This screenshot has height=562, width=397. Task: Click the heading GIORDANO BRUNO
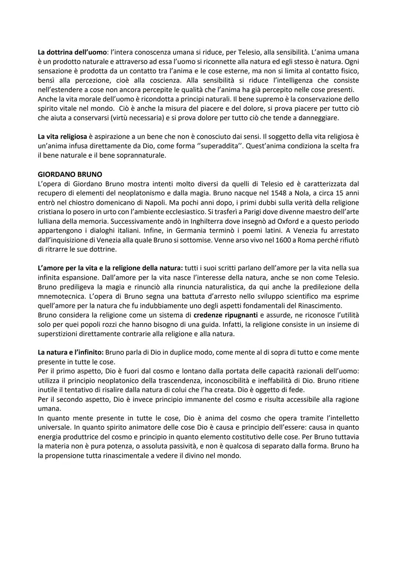[70, 174]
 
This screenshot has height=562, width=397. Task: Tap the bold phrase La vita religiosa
[62, 137]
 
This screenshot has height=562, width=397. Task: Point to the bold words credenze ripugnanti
[225, 315]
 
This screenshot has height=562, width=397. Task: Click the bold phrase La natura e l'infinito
[71, 352]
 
